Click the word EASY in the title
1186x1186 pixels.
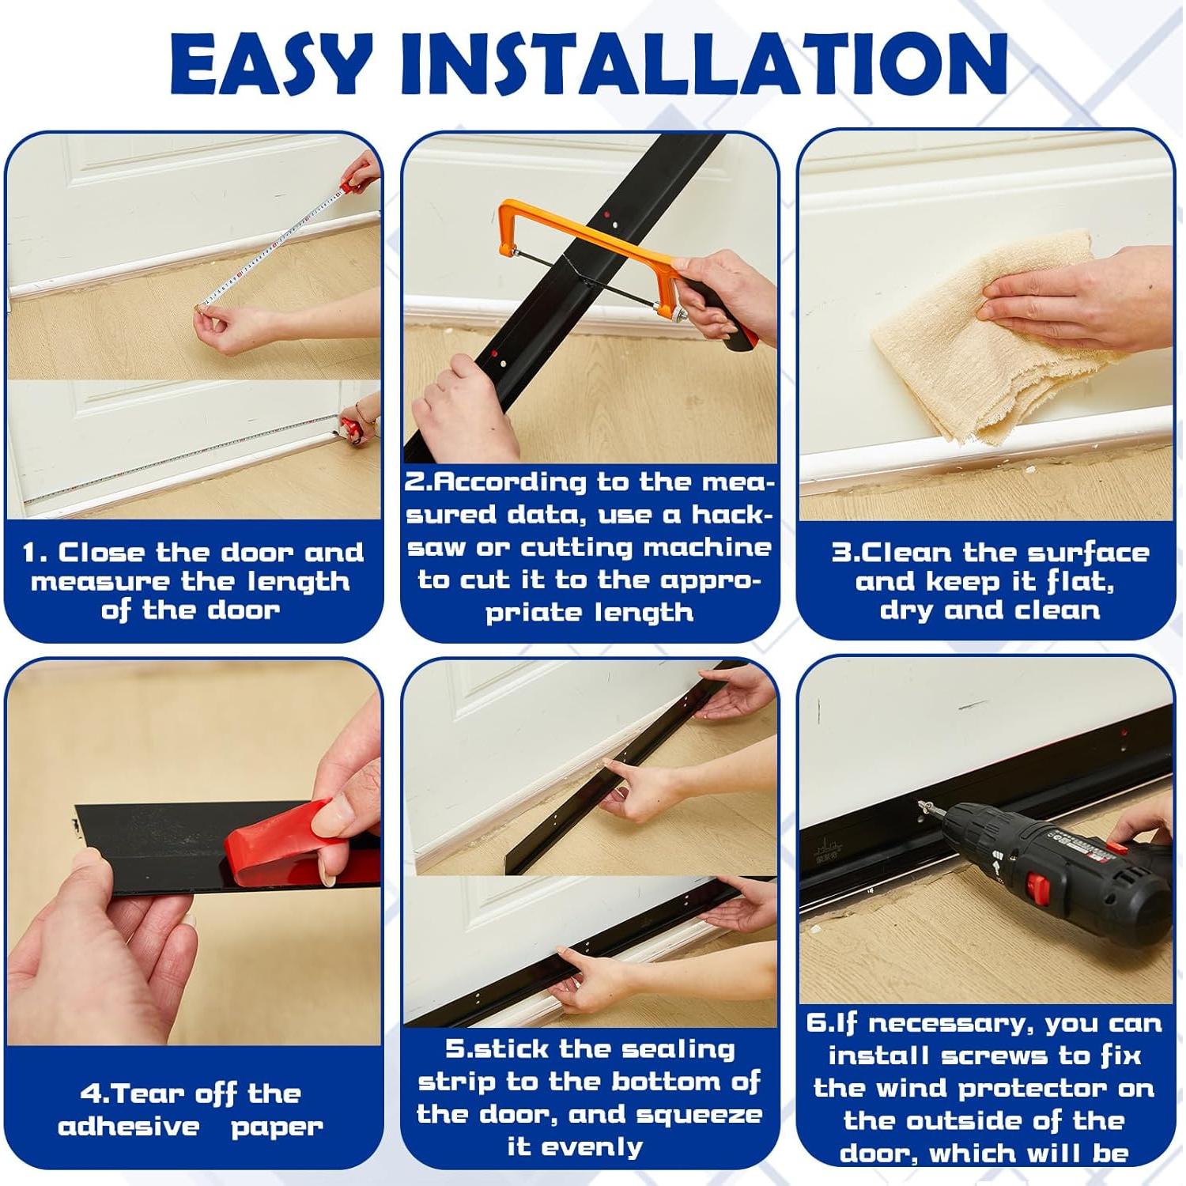[270, 63]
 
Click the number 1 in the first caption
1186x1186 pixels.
[30, 552]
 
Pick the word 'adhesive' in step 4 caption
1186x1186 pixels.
[128, 1126]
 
